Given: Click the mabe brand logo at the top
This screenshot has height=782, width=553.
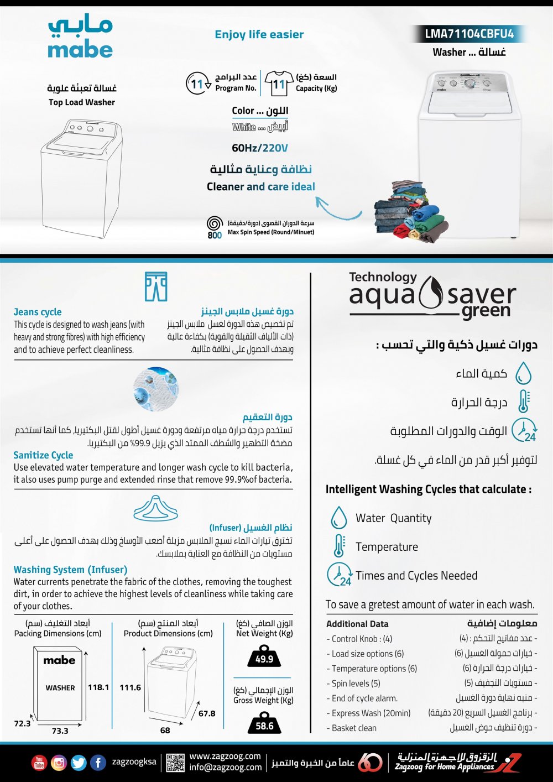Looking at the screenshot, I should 80,38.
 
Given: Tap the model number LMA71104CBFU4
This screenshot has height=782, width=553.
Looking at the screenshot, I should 469,34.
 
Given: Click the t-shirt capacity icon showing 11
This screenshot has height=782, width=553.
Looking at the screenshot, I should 279,84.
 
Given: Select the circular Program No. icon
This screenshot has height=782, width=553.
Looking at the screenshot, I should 197,84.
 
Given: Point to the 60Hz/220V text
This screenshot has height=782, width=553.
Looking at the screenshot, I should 260,148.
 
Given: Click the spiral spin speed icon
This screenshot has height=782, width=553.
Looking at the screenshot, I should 215,223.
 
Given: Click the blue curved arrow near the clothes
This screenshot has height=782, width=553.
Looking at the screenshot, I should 337,208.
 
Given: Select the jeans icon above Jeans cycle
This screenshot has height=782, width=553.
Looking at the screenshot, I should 155,286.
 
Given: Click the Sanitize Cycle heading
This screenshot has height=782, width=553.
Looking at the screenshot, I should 43,455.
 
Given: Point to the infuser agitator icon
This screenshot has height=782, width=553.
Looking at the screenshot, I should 155,508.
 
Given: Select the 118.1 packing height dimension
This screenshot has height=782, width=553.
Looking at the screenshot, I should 98,687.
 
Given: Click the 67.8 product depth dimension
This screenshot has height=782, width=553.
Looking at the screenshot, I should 207,713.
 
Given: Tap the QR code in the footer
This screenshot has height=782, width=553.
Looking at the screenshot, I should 175,763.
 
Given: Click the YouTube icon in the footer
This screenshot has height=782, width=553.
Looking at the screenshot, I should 39,763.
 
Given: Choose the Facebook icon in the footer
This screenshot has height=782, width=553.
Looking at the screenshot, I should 98,763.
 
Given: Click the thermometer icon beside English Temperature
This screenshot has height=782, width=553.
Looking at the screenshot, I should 338,546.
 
